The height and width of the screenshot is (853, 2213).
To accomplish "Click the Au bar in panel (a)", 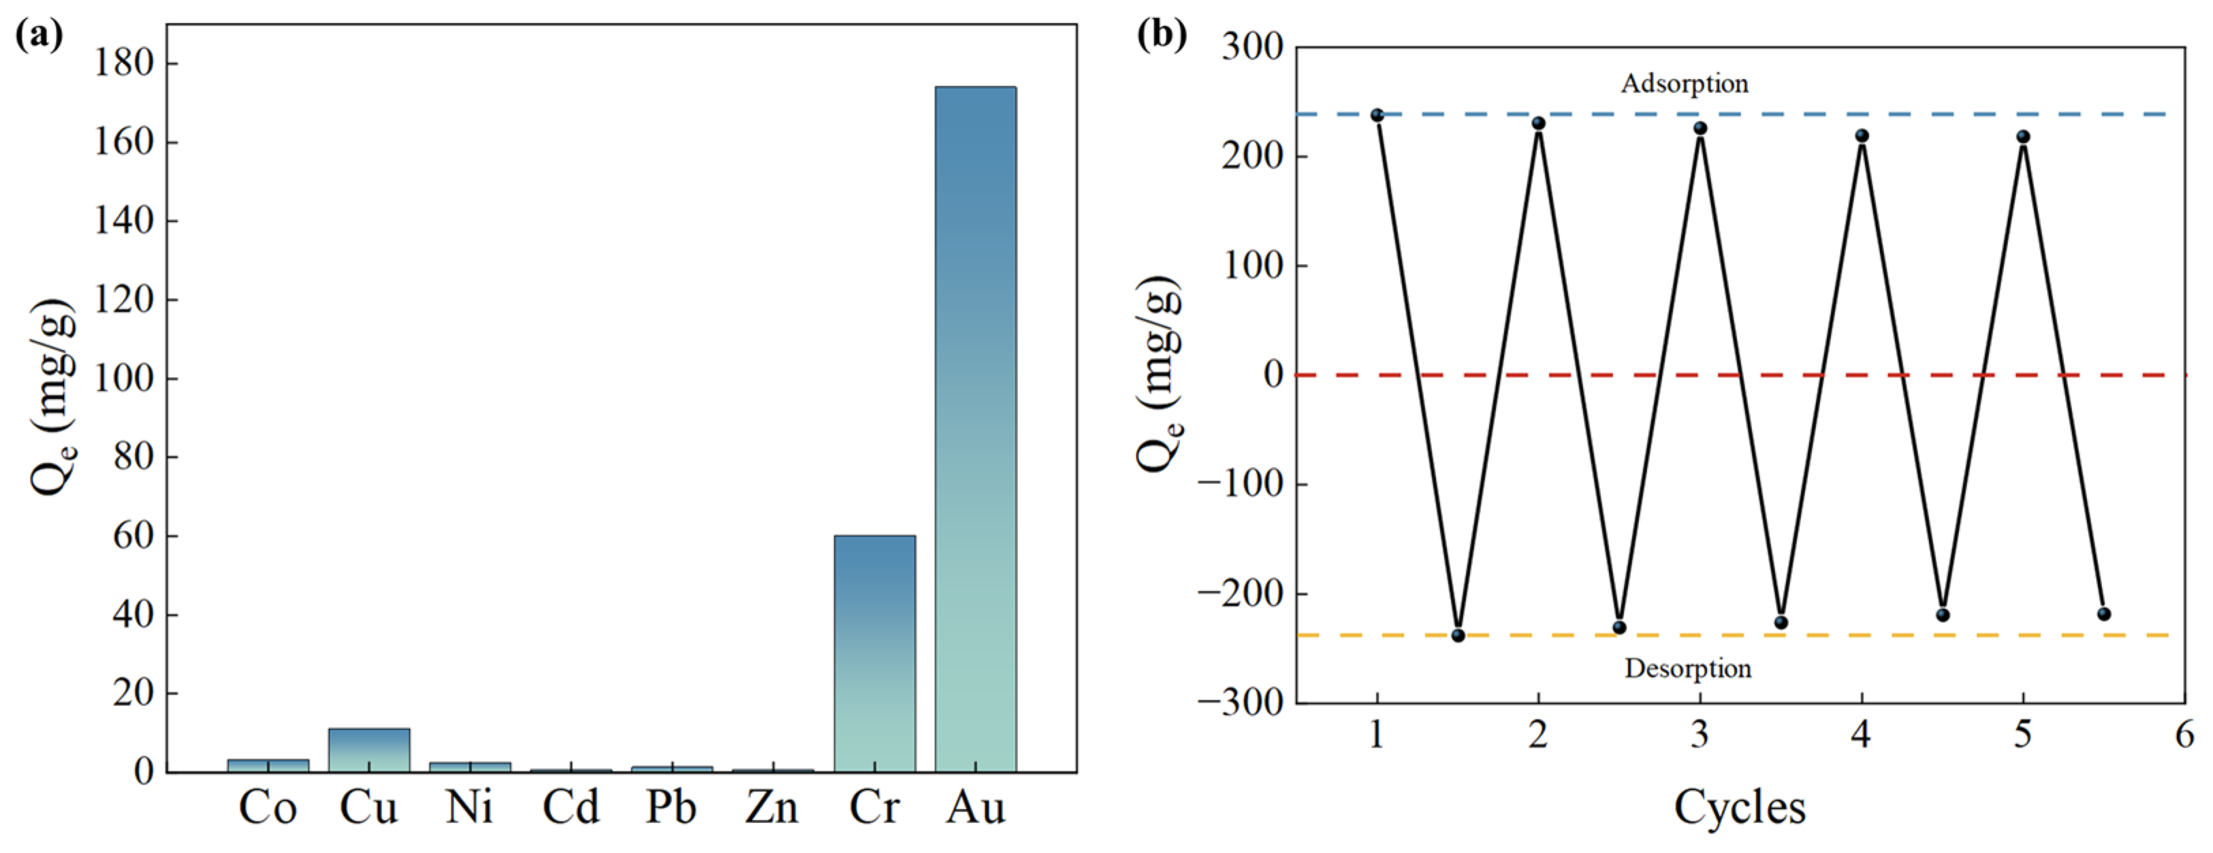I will (x=975, y=430).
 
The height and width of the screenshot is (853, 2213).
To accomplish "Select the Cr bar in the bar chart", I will (x=874, y=653).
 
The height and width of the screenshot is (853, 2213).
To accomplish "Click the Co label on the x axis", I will (x=267, y=807).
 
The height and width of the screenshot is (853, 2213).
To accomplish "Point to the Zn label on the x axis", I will (x=771, y=807).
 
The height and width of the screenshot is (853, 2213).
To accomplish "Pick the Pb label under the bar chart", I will (x=671, y=807).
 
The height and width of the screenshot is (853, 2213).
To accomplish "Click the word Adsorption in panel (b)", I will (x=1685, y=83).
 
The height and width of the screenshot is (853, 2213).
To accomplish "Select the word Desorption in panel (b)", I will (x=1687, y=669).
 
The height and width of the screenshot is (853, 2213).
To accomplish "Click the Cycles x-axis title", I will (x=1740, y=807).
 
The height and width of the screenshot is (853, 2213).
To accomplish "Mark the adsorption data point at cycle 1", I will (x=1377, y=115).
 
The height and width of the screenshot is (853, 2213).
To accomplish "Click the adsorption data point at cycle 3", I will (x=1700, y=129).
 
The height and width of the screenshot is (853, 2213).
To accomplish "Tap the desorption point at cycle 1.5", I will (x=1458, y=636).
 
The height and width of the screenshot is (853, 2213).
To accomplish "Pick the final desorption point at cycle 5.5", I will (x=2104, y=614).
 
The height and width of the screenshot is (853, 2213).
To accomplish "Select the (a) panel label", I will (x=39, y=36).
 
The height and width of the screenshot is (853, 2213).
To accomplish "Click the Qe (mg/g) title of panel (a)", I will (x=53, y=397).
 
